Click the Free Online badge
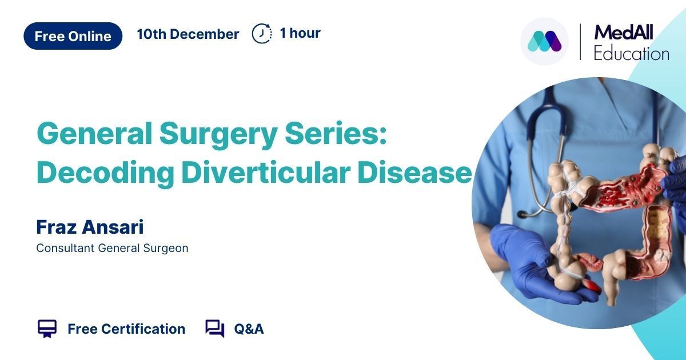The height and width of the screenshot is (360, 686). click(73, 36)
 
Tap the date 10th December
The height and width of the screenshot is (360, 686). click(188, 34)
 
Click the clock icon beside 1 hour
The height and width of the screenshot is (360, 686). click(262, 33)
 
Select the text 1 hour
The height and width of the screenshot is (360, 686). click(300, 33)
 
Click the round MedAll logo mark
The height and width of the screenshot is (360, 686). click(544, 41)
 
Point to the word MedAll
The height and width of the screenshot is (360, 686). click(624, 33)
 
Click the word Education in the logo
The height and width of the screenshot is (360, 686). click(631, 54)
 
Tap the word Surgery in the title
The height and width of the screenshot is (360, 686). click(218, 135)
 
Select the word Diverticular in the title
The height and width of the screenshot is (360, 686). click(265, 173)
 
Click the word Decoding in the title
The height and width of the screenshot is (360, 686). click(105, 173)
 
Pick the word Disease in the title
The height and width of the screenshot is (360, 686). click(414, 173)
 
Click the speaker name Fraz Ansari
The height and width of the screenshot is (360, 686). click(90, 227)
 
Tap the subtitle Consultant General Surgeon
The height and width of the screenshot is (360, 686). click(112, 248)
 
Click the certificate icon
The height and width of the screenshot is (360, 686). click(47, 329)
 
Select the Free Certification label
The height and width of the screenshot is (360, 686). click(126, 329)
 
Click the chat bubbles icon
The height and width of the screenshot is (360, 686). click(215, 329)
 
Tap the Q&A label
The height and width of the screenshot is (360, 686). click(249, 329)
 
